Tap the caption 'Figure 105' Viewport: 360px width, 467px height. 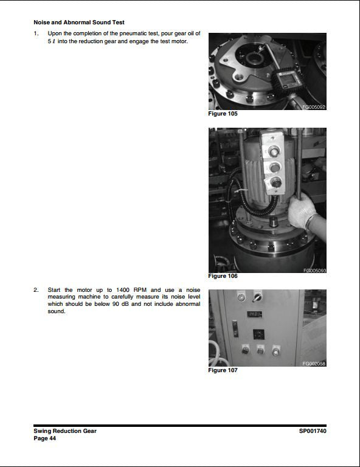[223, 114]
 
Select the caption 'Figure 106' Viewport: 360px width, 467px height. [223, 276]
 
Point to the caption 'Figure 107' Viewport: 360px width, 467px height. [223, 370]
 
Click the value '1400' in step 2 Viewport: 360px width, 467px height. [122, 289]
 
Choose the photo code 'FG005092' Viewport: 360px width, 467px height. [314, 107]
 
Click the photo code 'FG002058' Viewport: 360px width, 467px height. [314, 364]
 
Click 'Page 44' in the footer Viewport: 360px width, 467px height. [46, 438]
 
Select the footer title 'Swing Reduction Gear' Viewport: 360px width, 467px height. [65, 431]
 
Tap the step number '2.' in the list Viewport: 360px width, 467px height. [37, 289]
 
